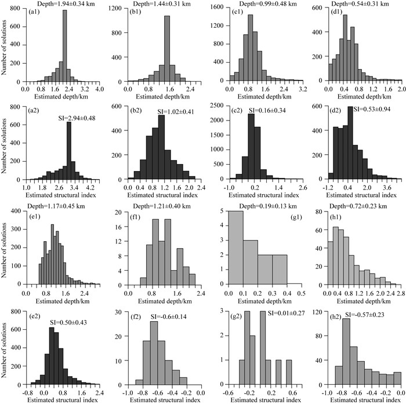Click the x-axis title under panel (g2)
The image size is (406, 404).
264,399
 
